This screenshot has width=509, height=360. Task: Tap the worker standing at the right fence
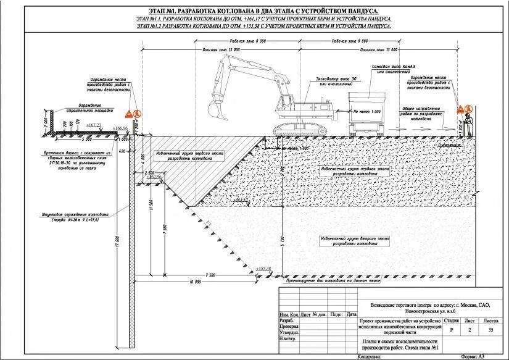click(x=470, y=124)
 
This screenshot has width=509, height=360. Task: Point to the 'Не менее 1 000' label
click(x=367, y=112)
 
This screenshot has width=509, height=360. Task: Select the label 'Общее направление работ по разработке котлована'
click(x=417, y=111)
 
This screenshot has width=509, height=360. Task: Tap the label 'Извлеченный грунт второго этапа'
click(x=355, y=240)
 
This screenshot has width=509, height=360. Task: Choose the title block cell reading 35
click(x=491, y=330)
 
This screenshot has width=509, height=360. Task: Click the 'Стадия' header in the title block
click(x=451, y=321)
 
